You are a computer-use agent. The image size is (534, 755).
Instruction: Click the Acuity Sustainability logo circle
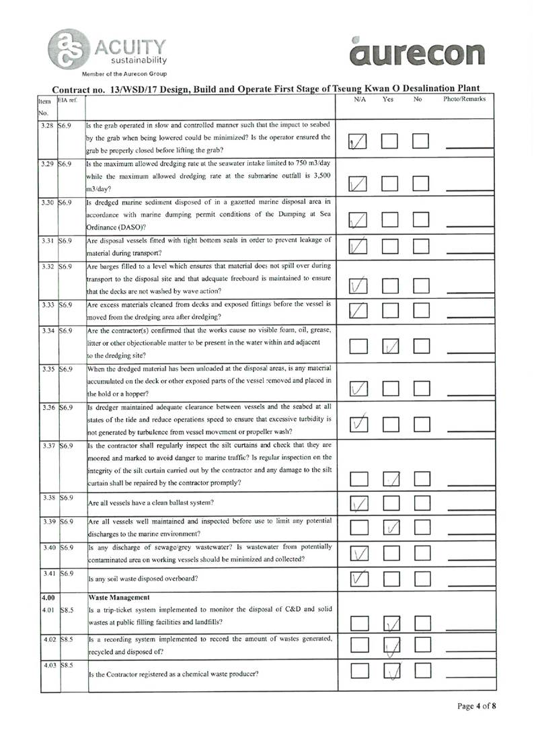point(67,48)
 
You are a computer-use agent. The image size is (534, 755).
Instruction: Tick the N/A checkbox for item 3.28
point(358,141)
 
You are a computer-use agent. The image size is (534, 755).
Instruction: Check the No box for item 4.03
point(422,670)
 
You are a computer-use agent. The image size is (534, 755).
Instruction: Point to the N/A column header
point(359,100)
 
